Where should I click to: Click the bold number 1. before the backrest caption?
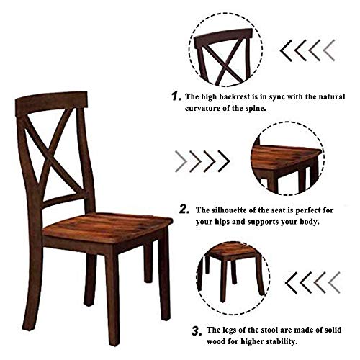(175, 96)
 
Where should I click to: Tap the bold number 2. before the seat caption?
(184, 209)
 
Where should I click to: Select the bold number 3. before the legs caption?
(195, 330)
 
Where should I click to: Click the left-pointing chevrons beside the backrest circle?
(307, 50)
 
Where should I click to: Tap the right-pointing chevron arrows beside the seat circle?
(202, 160)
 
